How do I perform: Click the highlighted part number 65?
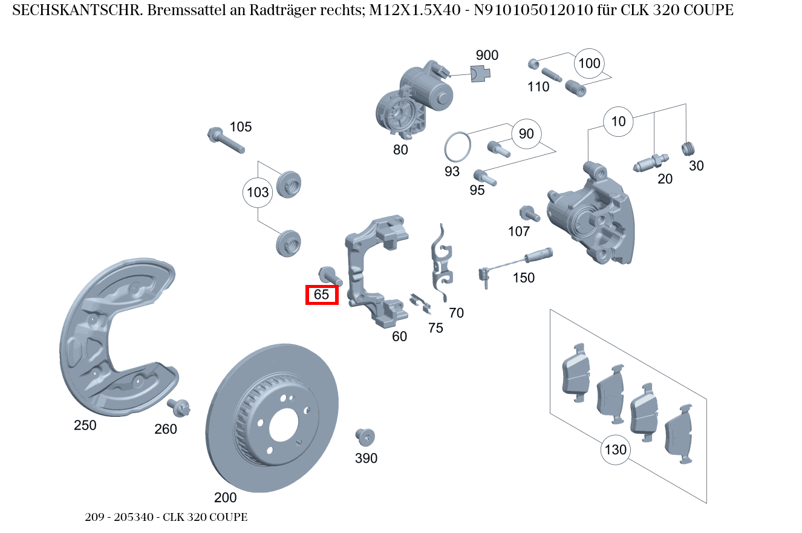(322, 295)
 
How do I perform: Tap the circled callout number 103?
(258, 193)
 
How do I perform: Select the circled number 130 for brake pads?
(615, 450)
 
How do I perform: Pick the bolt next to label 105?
(225, 140)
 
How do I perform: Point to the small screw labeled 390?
(365, 437)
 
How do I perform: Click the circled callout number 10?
(618, 122)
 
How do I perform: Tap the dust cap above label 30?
(689, 148)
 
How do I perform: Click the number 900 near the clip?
(487, 56)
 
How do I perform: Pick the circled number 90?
(526, 134)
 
